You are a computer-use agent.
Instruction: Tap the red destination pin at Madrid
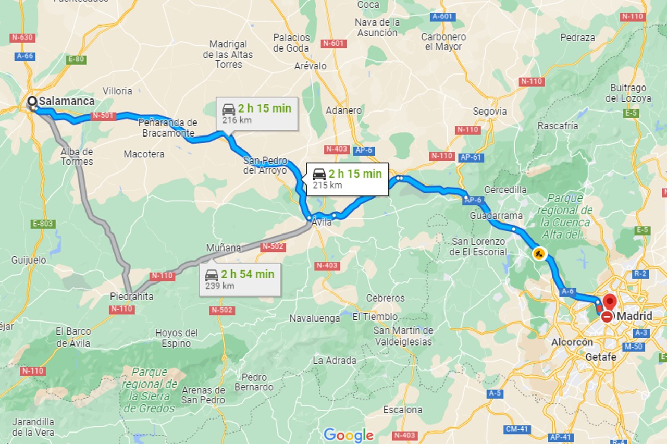point(609,302)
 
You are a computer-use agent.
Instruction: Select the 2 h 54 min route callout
point(240,279)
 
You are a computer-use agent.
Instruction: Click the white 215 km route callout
point(347,179)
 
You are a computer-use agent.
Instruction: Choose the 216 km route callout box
point(257,114)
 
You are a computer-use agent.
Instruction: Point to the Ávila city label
point(322,223)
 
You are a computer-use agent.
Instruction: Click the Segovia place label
point(489,111)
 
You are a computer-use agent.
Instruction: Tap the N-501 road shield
point(103,116)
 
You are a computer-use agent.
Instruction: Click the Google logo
point(348,435)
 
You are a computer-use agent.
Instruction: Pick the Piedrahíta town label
point(131,296)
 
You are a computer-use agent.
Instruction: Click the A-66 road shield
point(24,56)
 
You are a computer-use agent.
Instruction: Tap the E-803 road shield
point(43,224)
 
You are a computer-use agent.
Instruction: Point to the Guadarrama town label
point(496,215)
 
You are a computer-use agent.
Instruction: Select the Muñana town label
point(223,248)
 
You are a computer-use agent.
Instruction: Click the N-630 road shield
point(22,38)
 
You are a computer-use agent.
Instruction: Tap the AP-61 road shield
point(471,157)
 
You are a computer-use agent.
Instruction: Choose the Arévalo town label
point(310,66)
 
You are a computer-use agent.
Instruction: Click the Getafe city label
point(600,357)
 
